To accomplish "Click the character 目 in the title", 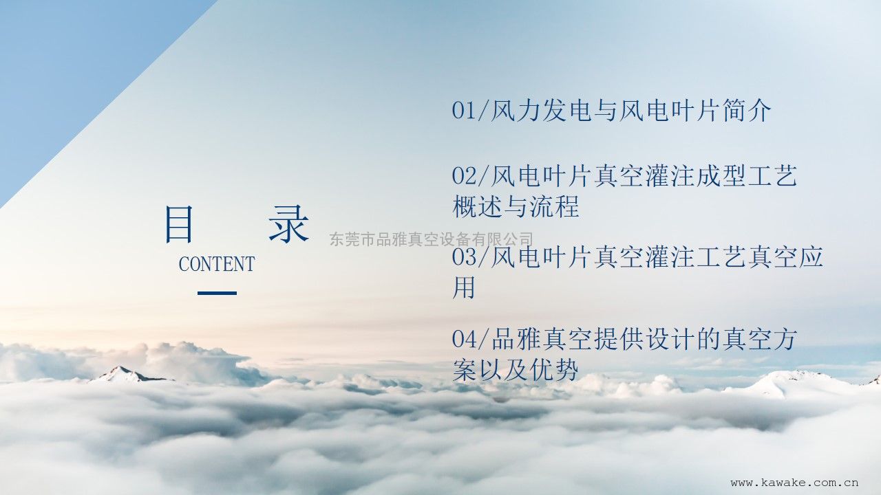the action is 179,224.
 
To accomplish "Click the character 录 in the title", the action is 288,224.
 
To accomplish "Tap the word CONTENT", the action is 217,263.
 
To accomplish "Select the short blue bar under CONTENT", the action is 217,293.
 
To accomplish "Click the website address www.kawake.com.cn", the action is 794,483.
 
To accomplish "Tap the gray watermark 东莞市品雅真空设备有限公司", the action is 432,239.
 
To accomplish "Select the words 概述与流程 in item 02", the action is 516,207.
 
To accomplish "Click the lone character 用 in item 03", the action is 464,288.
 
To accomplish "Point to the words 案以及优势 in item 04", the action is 516,370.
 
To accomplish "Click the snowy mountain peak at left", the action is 125,374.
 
